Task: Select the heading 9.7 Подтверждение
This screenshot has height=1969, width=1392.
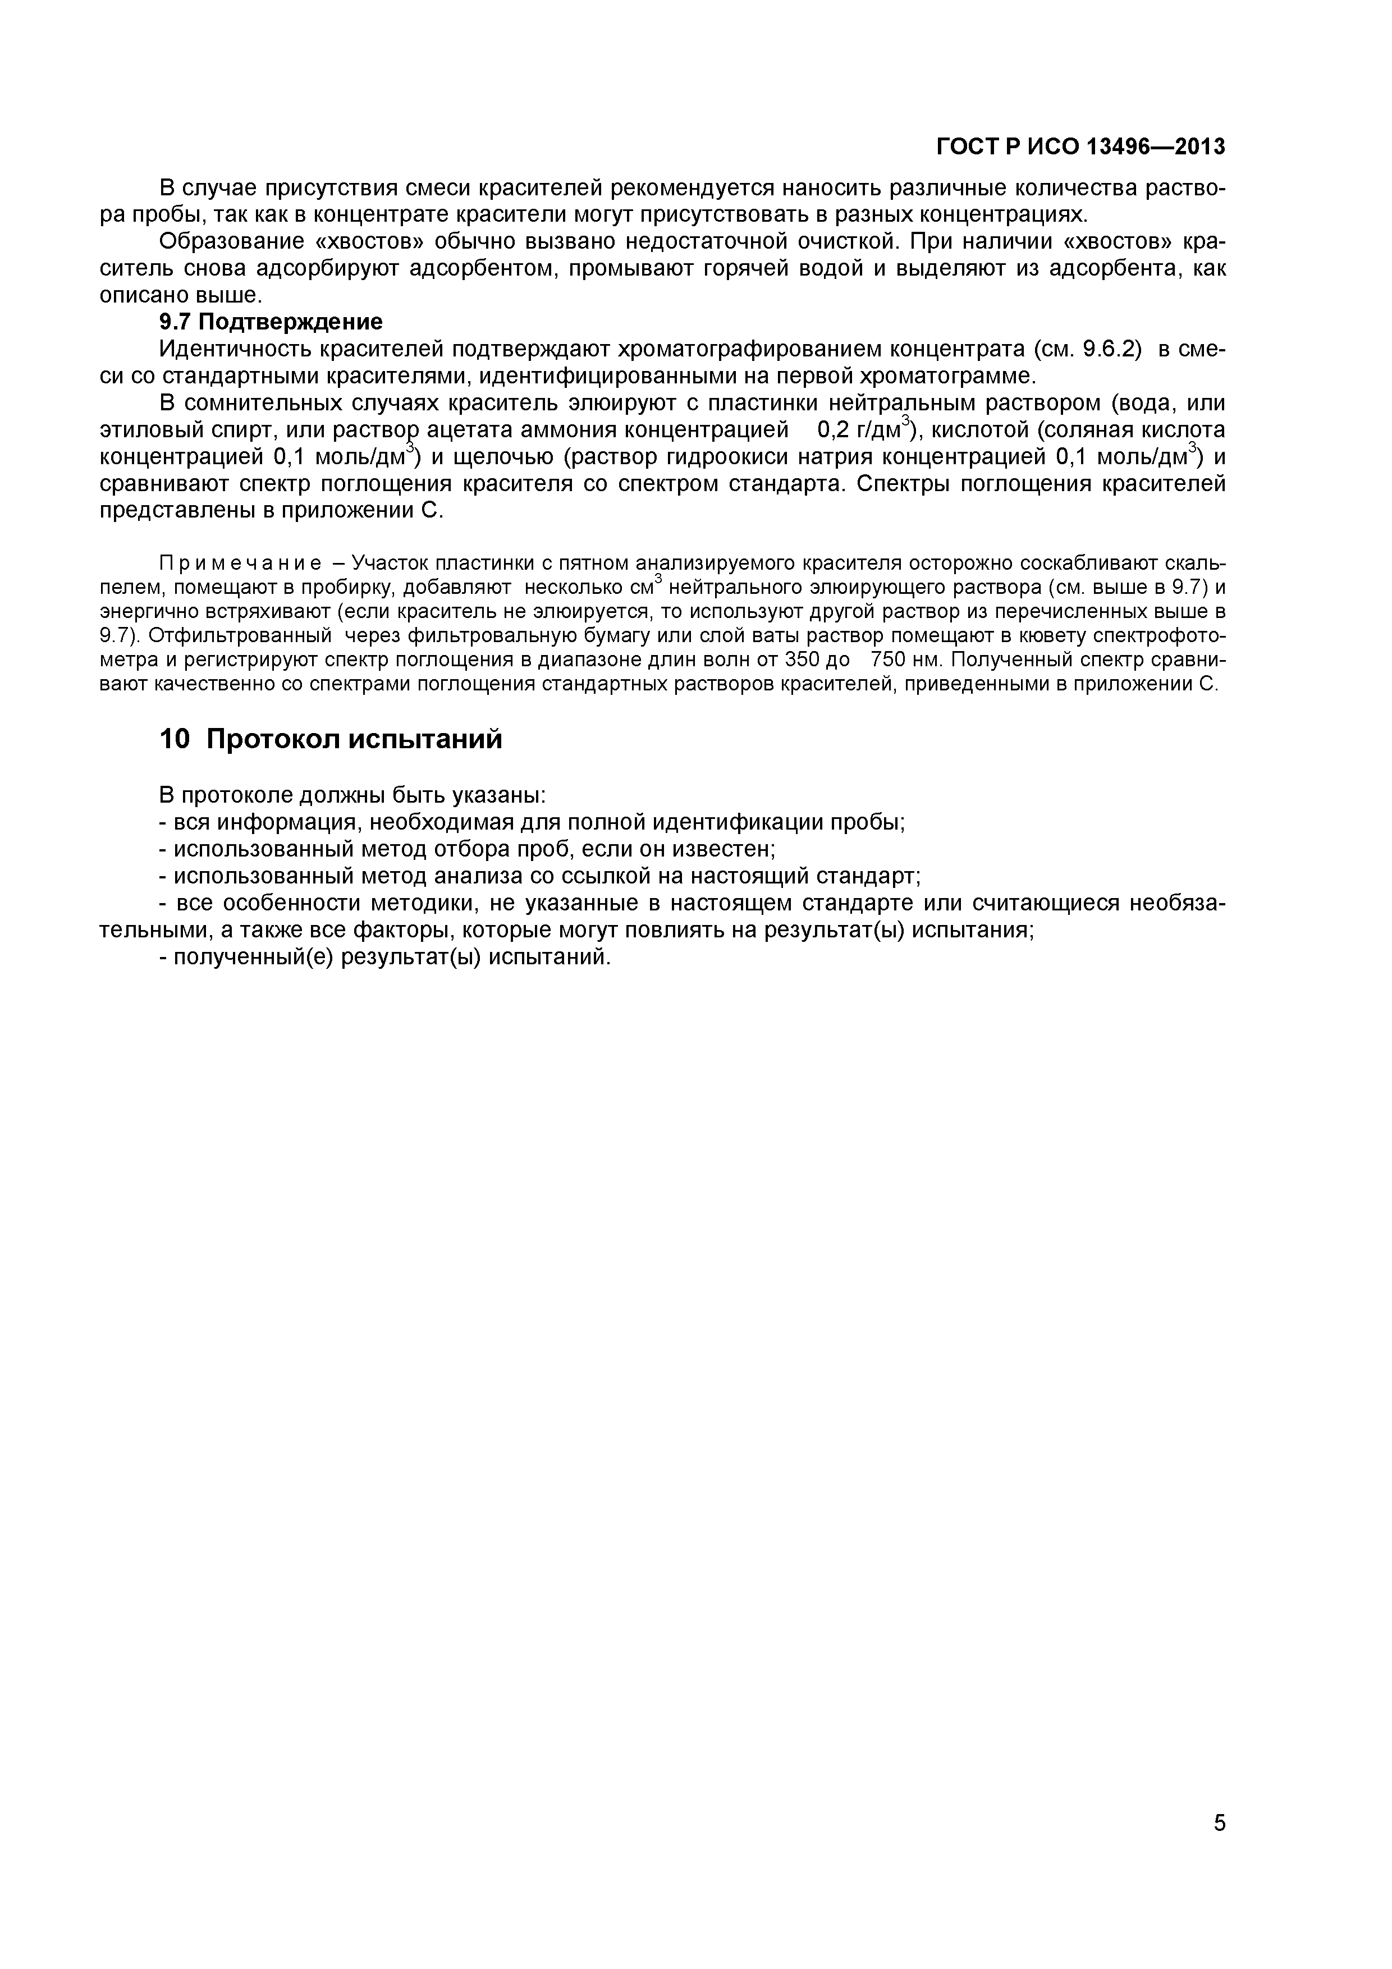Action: pos(271,322)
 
